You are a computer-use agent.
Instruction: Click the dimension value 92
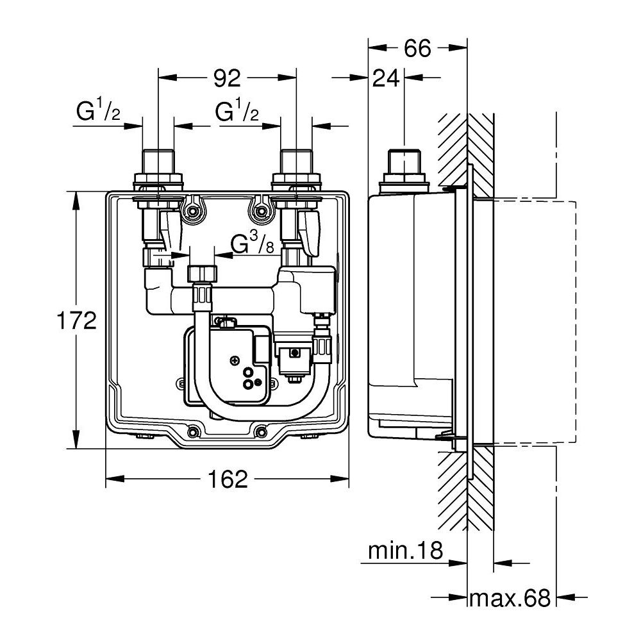click(226, 78)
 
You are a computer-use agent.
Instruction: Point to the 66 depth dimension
click(417, 48)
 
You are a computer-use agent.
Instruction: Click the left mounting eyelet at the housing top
click(192, 210)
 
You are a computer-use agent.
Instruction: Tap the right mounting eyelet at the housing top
click(260, 210)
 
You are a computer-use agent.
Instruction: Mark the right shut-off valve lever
click(312, 234)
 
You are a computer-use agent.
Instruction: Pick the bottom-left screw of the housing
click(191, 431)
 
